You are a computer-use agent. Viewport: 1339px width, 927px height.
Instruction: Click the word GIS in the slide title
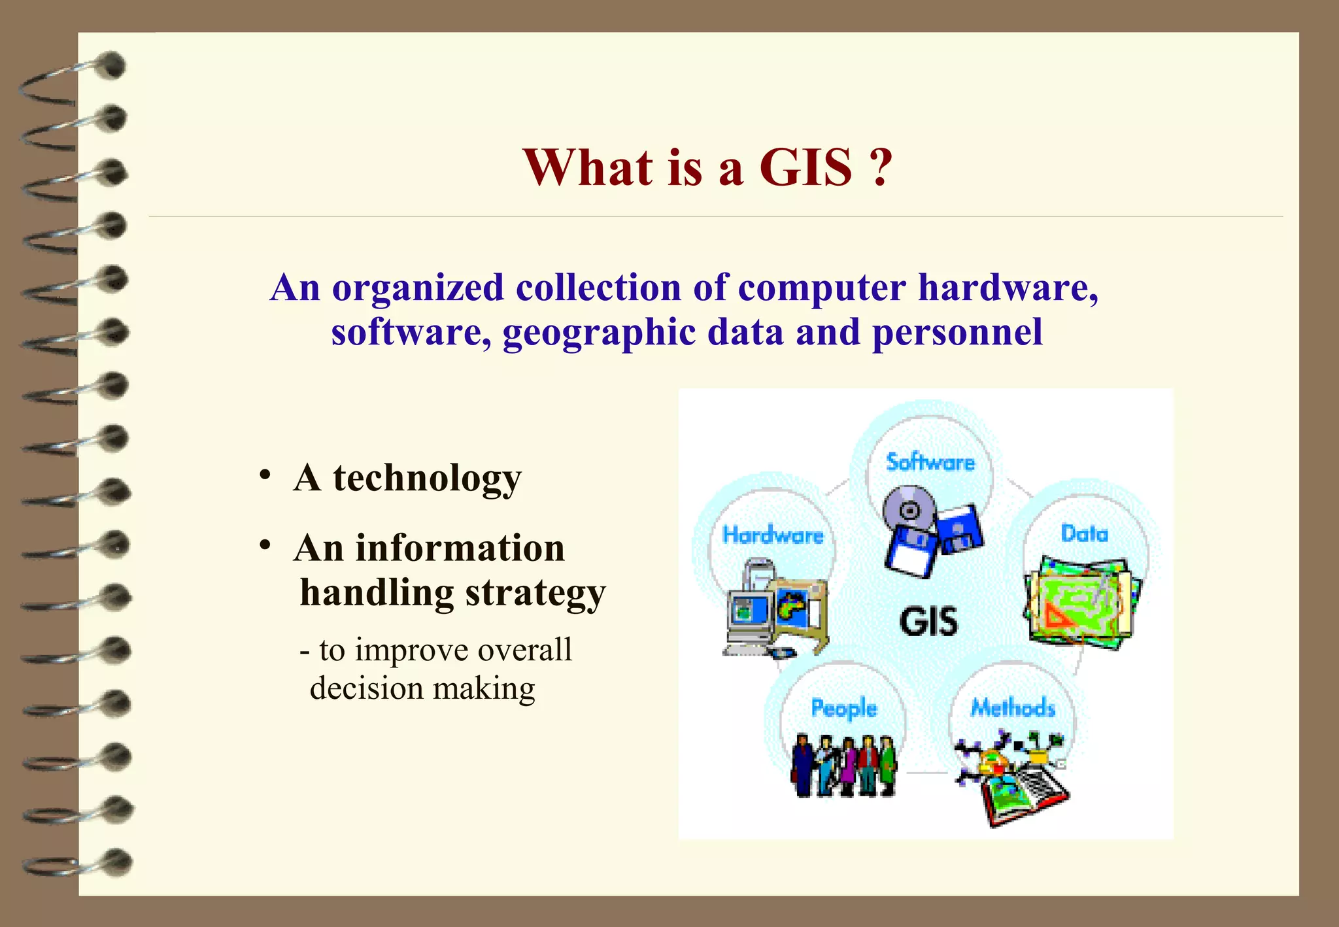(805, 167)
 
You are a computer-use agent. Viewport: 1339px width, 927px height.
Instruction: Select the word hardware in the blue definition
(1008, 288)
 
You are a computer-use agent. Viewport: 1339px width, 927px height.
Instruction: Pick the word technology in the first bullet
(427, 479)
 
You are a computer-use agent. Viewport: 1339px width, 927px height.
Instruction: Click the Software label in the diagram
(930, 463)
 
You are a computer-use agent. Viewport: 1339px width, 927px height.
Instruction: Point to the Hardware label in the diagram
(772, 535)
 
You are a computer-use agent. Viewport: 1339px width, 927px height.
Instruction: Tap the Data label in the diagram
(1084, 534)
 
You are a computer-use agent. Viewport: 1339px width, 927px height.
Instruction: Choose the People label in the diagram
(843, 709)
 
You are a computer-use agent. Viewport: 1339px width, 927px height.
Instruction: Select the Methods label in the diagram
(1012, 708)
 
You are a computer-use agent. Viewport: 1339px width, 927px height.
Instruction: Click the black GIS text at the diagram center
(928, 621)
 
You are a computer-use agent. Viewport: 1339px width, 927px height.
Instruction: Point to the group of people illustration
(843, 765)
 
